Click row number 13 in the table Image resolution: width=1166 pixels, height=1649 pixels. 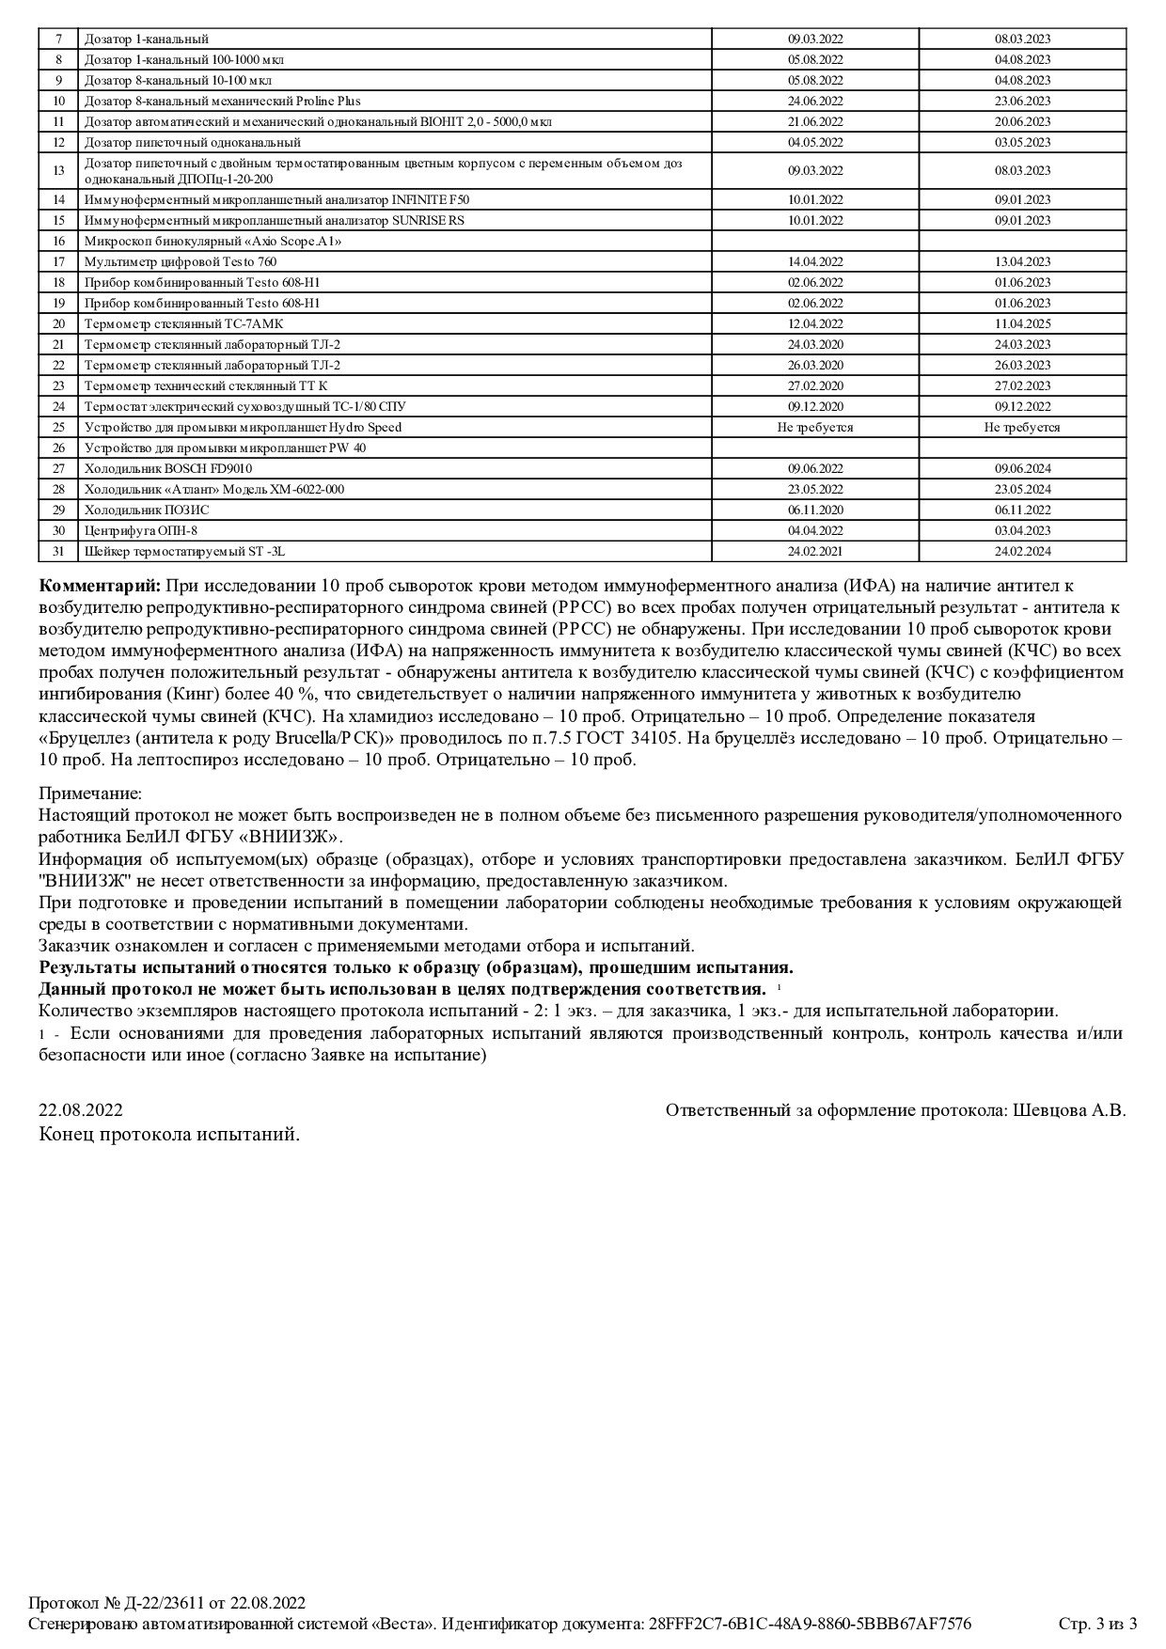coord(58,170)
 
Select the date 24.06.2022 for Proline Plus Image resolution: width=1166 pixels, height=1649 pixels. coord(815,101)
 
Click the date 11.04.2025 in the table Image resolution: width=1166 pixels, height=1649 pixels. coord(1022,323)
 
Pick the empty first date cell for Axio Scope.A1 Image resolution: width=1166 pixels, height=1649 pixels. coord(815,241)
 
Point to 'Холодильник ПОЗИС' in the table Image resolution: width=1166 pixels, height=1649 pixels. coord(147,510)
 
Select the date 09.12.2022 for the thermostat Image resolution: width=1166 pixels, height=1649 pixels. coord(1022,406)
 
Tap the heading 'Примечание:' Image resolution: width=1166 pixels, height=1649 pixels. coord(90,794)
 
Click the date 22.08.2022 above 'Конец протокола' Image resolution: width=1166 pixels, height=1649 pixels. coord(81,1110)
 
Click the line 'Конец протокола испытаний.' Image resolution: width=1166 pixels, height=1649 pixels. coord(169,1135)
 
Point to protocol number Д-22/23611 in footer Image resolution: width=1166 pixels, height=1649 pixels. coord(154,1603)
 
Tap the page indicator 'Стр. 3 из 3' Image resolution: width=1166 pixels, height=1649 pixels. coord(1097,1624)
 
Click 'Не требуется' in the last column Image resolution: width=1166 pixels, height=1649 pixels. coord(1022,427)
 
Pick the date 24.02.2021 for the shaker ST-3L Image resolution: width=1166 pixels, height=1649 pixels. coord(815,551)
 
